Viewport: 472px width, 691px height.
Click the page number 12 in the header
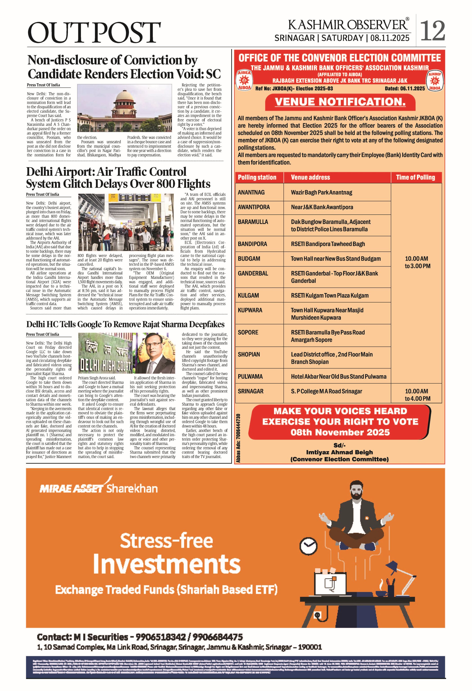click(433, 31)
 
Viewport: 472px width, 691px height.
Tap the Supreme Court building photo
click(124, 108)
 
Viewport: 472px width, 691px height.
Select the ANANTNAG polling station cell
click(251, 192)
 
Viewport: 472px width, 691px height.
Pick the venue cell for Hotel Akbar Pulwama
click(338, 376)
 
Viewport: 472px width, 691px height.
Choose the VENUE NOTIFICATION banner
click(340, 102)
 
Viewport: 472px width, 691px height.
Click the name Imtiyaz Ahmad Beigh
click(339, 452)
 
